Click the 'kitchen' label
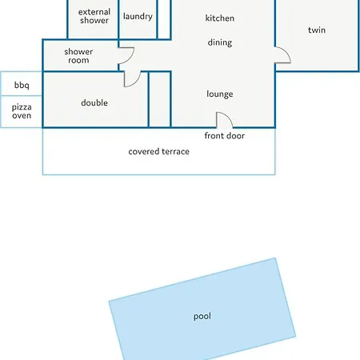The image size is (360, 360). [x=220, y=18]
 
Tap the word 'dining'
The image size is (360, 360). [x=220, y=42]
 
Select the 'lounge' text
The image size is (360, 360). [x=220, y=94]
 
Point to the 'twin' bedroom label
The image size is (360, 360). [x=317, y=30]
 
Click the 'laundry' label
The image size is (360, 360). [x=138, y=16]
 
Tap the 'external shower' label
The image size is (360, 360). [x=94, y=16]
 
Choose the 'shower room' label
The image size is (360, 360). [x=78, y=56]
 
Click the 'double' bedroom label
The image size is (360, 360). [x=94, y=102]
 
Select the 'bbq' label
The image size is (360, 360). [x=22, y=86]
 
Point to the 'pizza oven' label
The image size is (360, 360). [x=22, y=111]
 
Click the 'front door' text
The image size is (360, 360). [x=224, y=136]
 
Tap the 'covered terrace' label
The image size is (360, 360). [x=158, y=151]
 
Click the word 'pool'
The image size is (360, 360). [x=202, y=316]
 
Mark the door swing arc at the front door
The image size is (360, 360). [x=228, y=117]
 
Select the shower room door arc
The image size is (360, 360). [x=130, y=59]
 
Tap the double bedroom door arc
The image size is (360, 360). [x=136, y=82]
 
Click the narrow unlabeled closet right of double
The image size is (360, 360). [x=159, y=99]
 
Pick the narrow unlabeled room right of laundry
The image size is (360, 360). [x=164, y=19]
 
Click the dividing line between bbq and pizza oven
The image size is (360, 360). [x=22, y=95]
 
